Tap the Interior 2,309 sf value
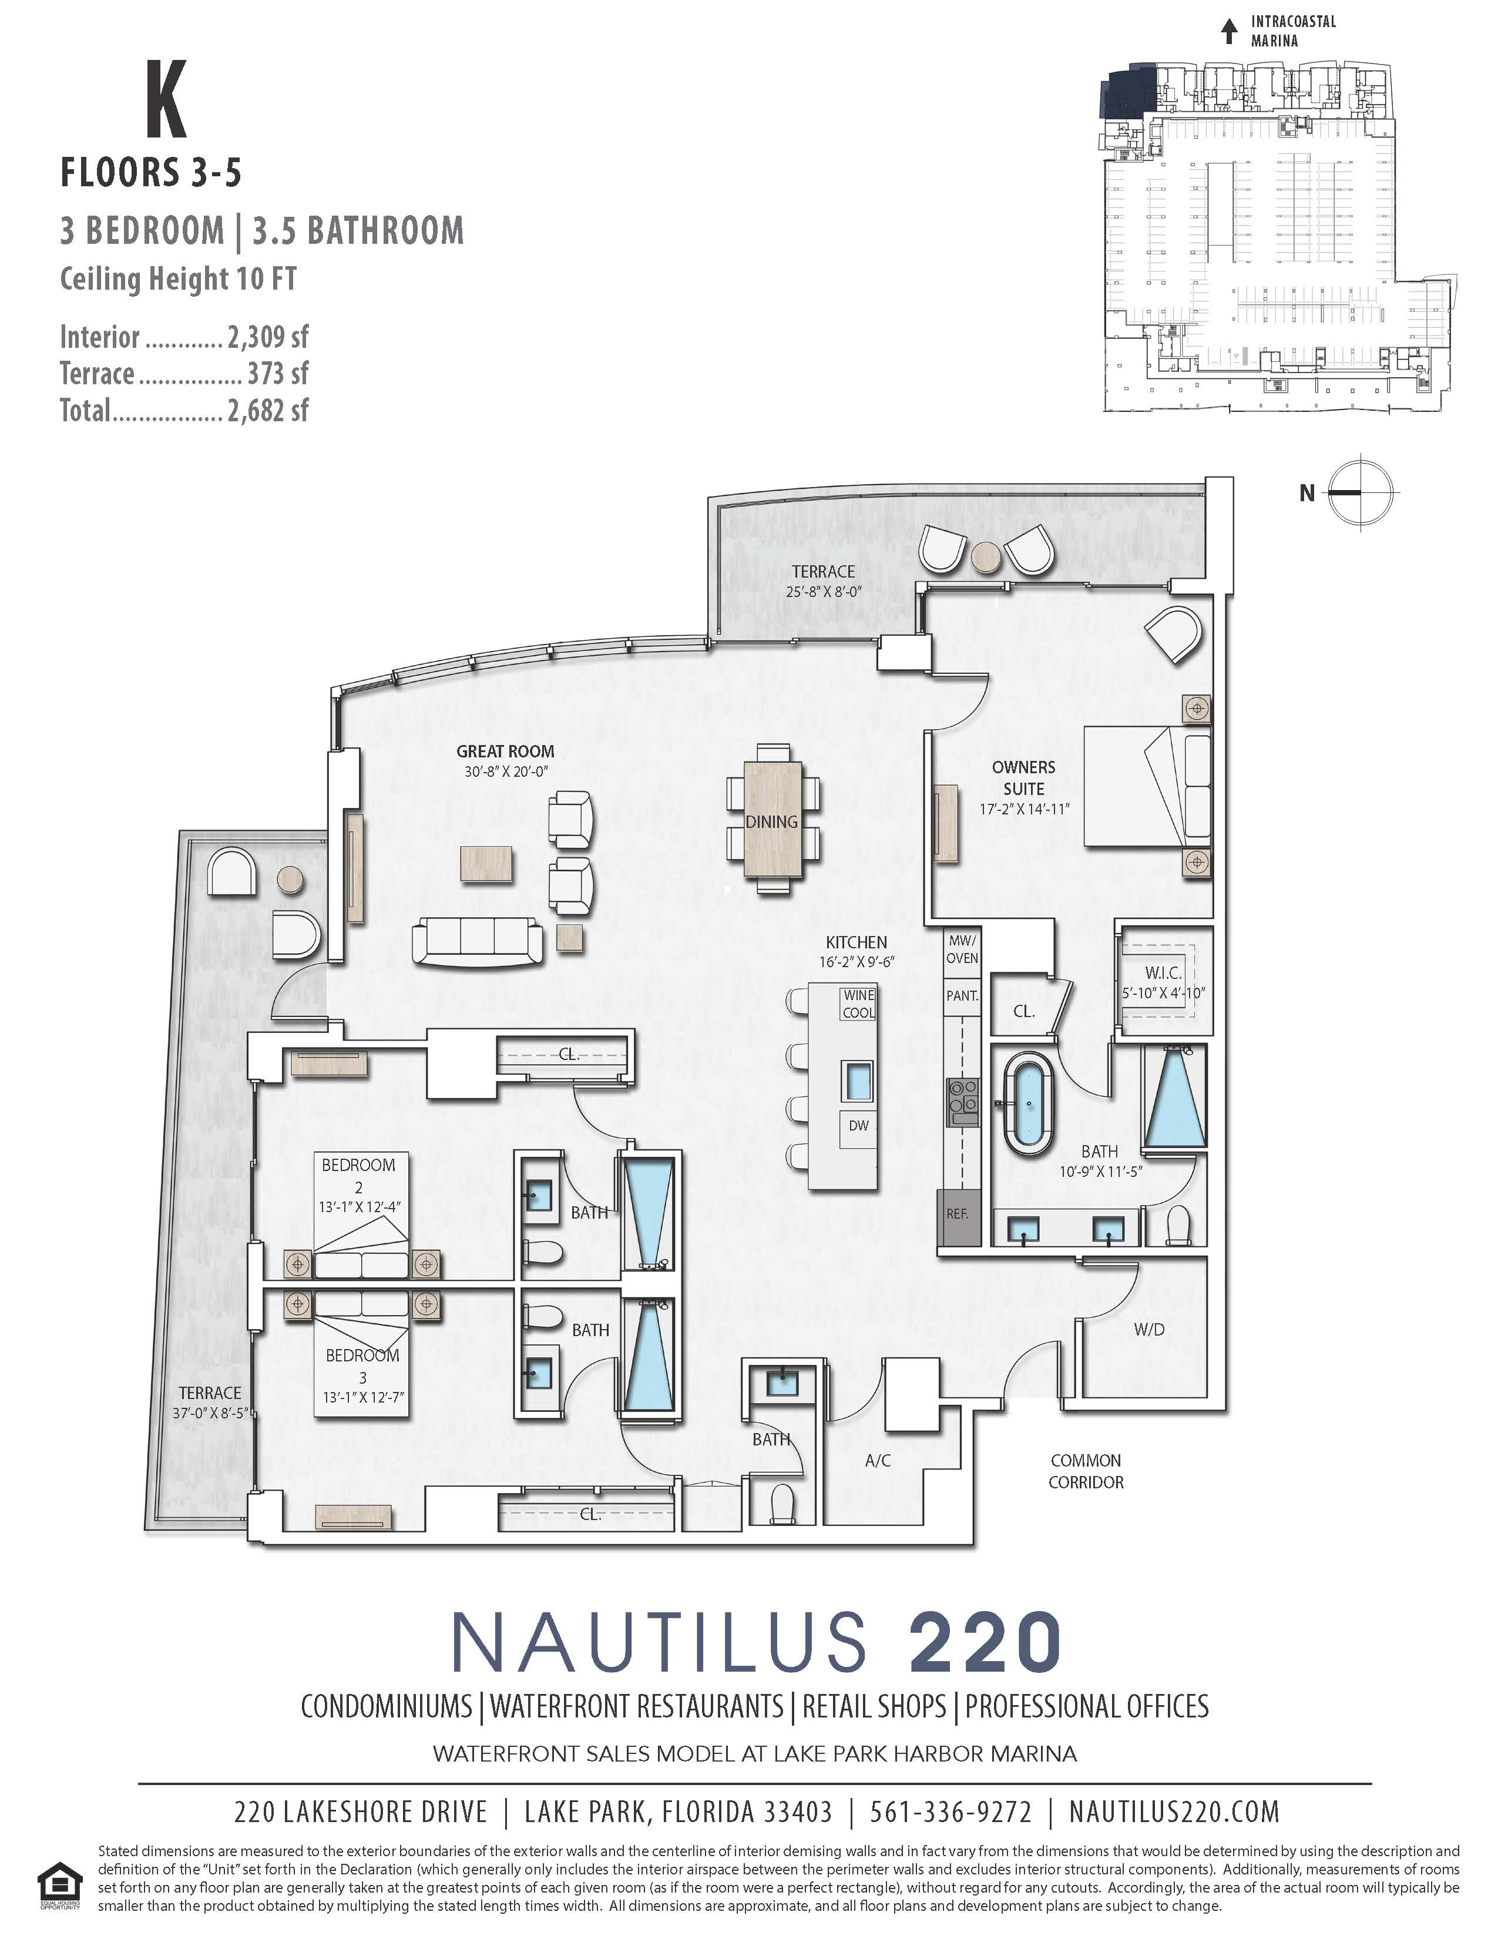(268, 337)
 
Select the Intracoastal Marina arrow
(1229, 32)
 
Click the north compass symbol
(1362, 492)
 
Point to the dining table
(772, 820)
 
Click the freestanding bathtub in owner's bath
(1029, 1103)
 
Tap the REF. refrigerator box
(958, 1214)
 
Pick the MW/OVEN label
(962, 949)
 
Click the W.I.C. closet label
(1163, 973)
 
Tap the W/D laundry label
(1149, 1329)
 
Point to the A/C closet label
(878, 1461)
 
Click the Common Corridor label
(1086, 1471)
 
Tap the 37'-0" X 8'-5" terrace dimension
(210, 1413)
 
